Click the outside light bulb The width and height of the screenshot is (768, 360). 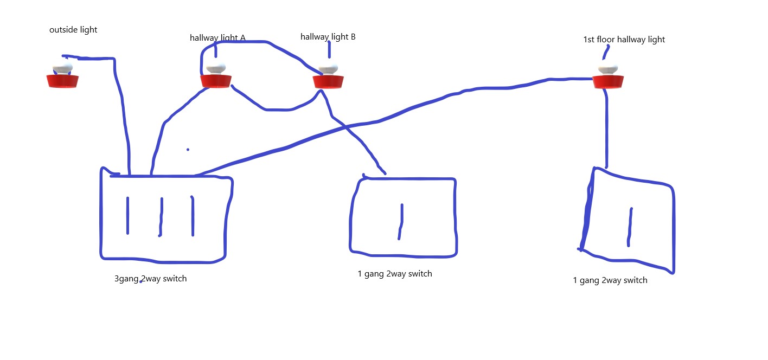point(62,75)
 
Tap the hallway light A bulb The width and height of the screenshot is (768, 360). point(216,76)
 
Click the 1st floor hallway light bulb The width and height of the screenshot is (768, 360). point(608,76)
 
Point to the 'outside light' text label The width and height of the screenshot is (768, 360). point(73,30)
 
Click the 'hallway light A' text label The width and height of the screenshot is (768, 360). point(217,38)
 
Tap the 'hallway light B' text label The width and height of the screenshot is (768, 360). point(328,37)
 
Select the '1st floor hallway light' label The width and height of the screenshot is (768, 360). point(624,40)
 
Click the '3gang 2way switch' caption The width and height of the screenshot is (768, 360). point(151,279)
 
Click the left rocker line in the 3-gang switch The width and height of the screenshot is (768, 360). point(128,216)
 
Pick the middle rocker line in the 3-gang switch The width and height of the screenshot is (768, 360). point(161,217)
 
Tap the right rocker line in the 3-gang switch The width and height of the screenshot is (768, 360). point(193,216)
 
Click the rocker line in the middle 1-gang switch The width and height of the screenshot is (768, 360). point(401,222)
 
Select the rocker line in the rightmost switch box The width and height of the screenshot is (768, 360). point(630,227)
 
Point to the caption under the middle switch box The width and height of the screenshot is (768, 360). point(395,274)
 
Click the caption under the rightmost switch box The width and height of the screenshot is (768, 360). point(610,280)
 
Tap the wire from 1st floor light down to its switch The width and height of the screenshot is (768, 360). point(607,128)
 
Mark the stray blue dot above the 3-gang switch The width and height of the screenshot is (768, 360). point(188,150)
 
